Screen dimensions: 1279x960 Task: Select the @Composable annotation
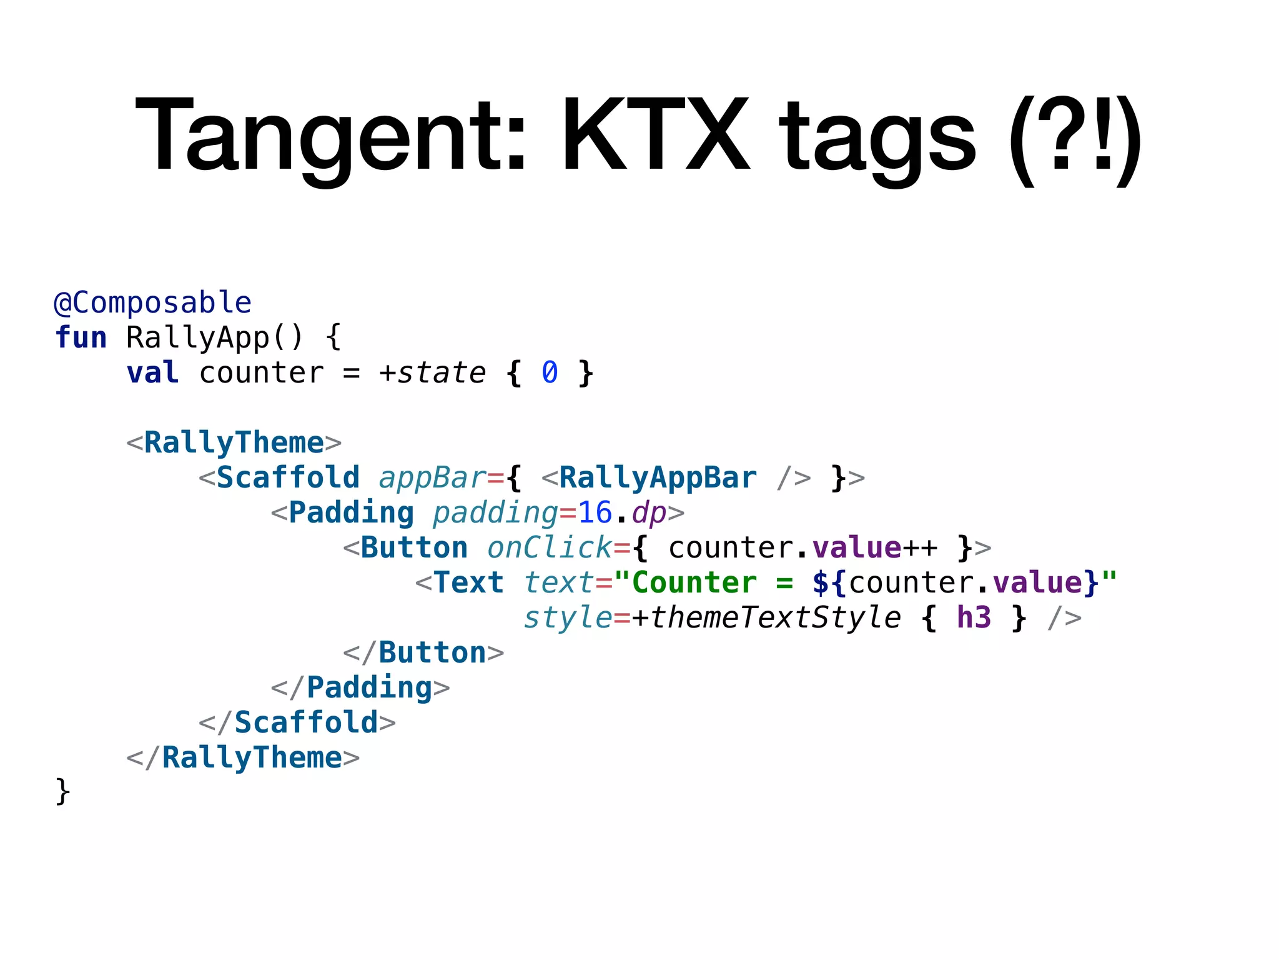[x=153, y=303]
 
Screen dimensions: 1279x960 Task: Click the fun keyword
[x=81, y=338]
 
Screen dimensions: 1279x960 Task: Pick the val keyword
[x=153, y=373]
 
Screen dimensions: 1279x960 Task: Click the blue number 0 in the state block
[x=550, y=373]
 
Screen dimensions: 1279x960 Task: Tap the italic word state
[x=442, y=373]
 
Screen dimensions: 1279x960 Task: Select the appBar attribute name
[x=432, y=478]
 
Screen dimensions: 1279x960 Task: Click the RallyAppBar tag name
[x=658, y=478]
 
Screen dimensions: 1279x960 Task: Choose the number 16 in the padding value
[x=595, y=513]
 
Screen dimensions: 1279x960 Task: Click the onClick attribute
[x=550, y=548]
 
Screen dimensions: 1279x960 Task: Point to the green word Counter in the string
[x=694, y=583]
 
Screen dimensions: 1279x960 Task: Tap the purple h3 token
[x=974, y=618]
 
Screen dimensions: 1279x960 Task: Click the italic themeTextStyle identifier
[x=775, y=618]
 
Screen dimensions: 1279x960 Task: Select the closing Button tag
[x=423, y=653]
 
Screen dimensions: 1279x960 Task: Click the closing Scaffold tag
[x=297, y=723]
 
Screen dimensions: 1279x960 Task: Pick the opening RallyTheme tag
[x=234, y=443]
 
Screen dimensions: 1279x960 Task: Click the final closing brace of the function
[x=62, y=792]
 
